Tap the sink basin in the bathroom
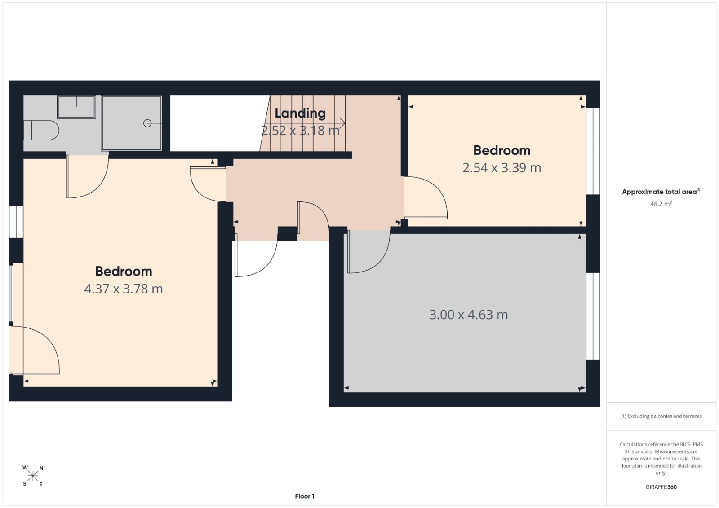click(x=76, y=107)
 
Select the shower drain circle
click(x=147, y=123)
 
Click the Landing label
click(x=300, y=114)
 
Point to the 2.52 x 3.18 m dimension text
click(x=300, y=131)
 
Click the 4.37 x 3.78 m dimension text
click(x=124, y=289)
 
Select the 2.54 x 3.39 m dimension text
click(x=502, y=168)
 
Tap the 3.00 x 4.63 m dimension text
click(x=469, y=315)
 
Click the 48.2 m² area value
click(x=661, y=204)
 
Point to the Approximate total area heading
click(x=661, y=192)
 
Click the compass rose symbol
click(x=33, y=476)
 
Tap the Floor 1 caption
click(x=305, y=496)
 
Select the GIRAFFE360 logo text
click(x=661, y=487)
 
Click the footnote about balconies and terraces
click(x=661, y=416)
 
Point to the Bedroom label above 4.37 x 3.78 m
click(x=124, y=272)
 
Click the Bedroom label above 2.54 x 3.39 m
click(x=502, y=151)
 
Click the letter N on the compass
click(x=41, y=468)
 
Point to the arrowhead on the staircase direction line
click(x=343, y=123)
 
